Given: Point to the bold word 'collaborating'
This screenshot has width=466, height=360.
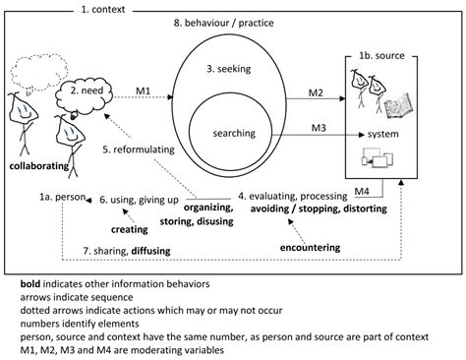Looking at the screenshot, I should click(x=39, y=165).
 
